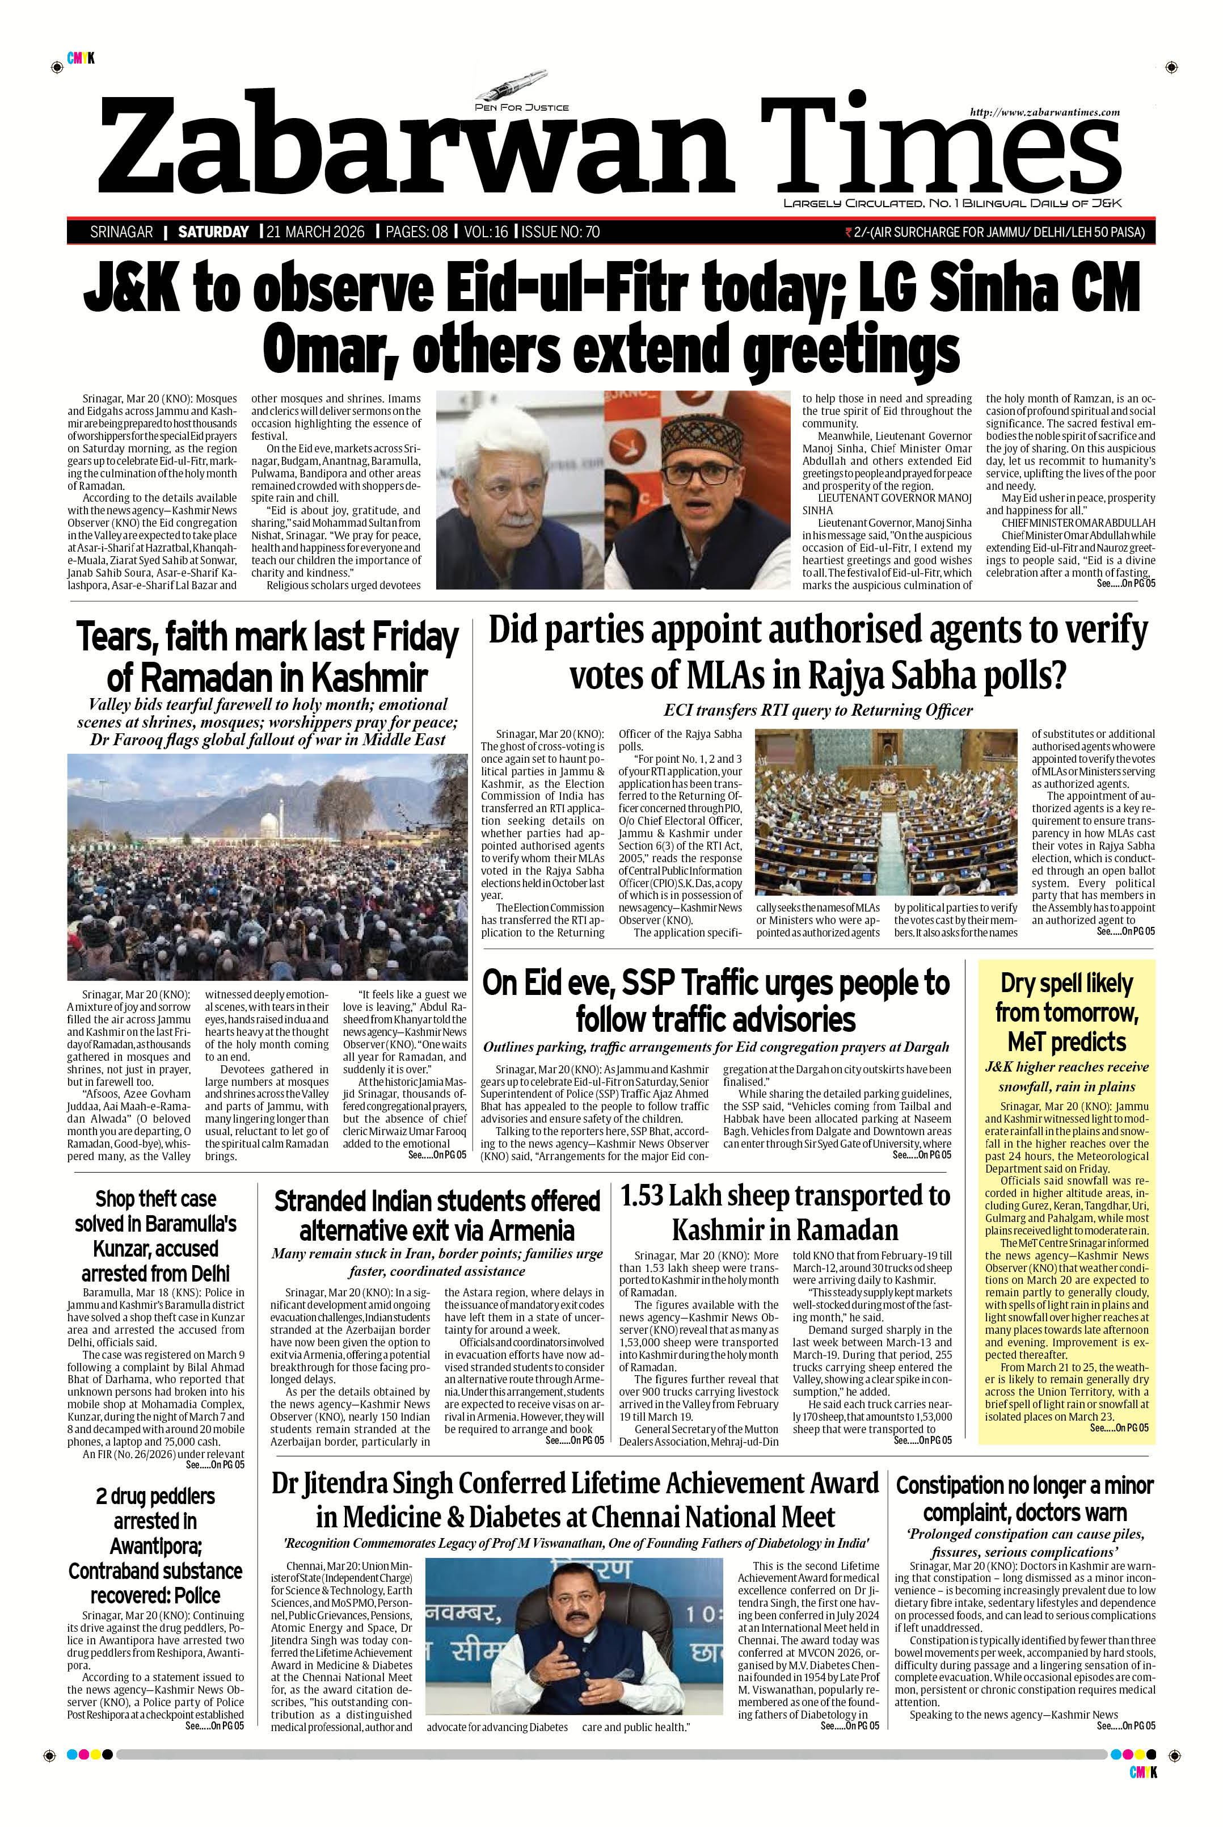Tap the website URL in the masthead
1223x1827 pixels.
[1044, 112]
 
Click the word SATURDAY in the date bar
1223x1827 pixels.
[213, 232]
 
